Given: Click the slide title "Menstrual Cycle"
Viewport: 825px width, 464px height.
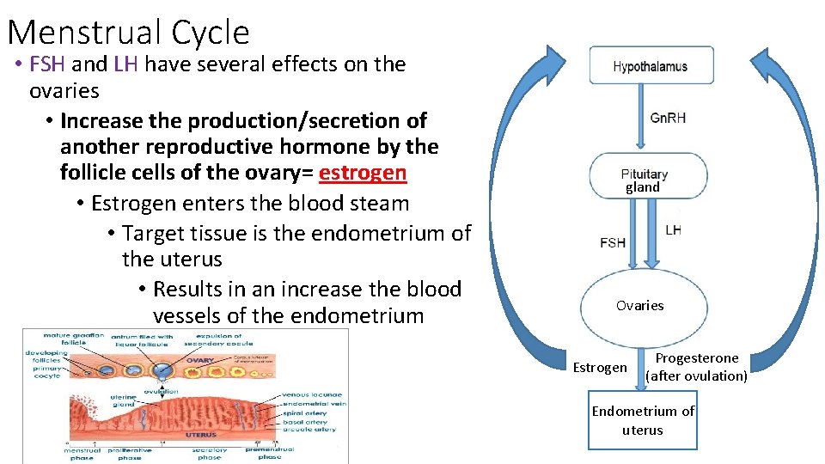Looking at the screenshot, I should [128, 32].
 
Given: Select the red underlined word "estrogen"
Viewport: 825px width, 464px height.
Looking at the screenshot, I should [362, 173].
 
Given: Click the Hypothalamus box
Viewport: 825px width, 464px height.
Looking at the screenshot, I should [650, 66].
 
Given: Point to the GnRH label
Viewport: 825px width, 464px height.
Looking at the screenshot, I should [668, 118].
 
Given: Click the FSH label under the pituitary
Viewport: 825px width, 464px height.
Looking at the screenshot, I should [613, 242].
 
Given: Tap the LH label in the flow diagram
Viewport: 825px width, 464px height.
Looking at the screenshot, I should [673, 230].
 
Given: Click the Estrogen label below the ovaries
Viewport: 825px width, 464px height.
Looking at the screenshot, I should [599, 368].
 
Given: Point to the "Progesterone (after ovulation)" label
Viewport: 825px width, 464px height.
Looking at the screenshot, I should [696, 367].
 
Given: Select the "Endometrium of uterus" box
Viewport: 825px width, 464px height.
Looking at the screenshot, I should [642, 421].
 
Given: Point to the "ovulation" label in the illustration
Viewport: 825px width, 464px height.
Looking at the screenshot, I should [162, 391].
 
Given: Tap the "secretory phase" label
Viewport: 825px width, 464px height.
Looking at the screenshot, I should [209, 453].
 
